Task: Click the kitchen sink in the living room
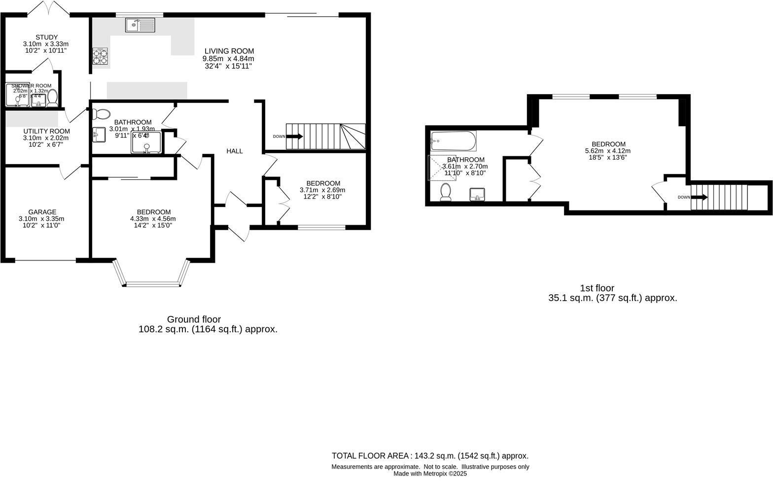140,25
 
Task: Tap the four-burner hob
100,56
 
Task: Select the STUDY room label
46,37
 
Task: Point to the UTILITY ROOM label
47,132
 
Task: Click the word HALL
235,151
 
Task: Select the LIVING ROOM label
229,51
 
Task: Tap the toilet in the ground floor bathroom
101,114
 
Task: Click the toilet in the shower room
52,98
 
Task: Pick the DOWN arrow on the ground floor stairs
294,137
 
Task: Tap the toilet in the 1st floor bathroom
446,192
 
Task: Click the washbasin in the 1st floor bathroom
477,194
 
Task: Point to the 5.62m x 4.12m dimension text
608,151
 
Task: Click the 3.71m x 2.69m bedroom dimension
322,190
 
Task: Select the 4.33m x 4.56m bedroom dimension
153,219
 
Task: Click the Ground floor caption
194,319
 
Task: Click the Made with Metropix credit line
430,474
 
